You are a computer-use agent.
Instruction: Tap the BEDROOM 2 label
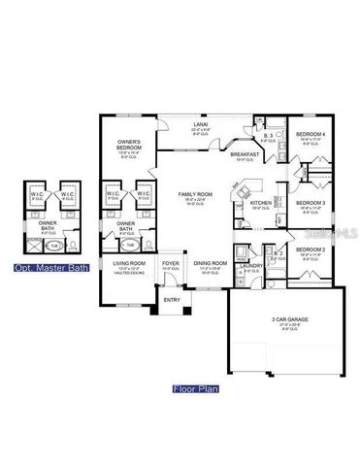(x=311, y=250)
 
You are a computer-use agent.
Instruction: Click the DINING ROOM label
(x=211, y=263)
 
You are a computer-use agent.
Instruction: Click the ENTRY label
(x=172, y=299)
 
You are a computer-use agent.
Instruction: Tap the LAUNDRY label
(x=254, y=264)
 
